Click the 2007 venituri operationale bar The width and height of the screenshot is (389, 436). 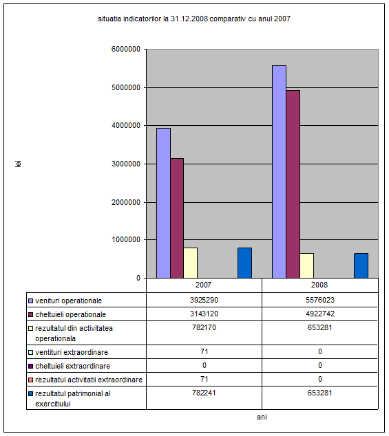(163, 203)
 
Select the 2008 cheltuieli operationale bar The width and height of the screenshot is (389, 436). (293, 184)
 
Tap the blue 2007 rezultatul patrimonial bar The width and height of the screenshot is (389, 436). (245, 263)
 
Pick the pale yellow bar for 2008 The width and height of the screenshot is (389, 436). (307, 265)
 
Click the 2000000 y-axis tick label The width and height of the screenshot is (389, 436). (126, 202)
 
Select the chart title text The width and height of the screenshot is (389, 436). (194, 19)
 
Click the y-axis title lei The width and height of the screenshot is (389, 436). (18, 164)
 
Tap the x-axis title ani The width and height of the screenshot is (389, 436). (262, 417)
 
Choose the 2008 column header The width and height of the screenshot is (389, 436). (319, 285)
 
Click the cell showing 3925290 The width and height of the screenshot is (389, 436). (204, 300)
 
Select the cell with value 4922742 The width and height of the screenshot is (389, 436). (320, 314)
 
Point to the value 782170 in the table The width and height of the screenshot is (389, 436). (204, 327)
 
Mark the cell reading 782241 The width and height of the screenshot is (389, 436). (204, 393)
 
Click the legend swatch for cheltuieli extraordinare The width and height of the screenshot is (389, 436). (30, 367)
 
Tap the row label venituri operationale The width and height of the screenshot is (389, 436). (68, 301)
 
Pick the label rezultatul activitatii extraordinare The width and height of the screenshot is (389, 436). (89, 380)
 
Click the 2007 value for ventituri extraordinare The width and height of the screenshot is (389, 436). (204, 351)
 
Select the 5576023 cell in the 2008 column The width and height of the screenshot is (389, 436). (320, 300)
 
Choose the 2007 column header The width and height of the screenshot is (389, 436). (204, 285)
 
